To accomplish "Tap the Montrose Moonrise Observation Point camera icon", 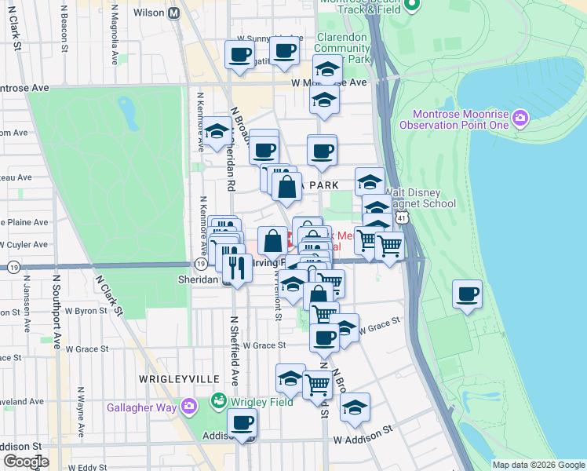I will [x=519, y=119].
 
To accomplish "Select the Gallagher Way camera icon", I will [x=188, y=406].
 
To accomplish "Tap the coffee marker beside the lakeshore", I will [x=467, y=295].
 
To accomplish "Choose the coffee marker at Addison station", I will [x=242, y=424].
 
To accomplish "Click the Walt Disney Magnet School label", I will [x=420, y=199].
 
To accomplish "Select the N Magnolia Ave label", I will [x=115, y=35].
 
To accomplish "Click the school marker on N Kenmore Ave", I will [x=217, y=133].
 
